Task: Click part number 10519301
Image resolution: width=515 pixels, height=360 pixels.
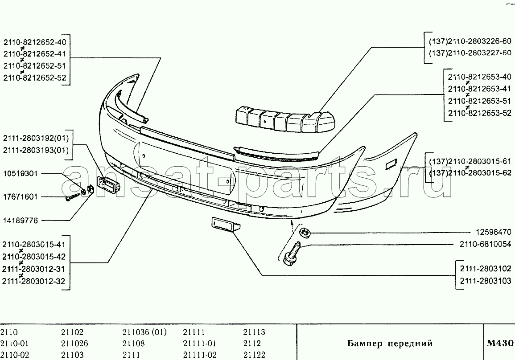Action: (21, 173)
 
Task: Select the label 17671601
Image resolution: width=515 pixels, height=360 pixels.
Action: (21, 197)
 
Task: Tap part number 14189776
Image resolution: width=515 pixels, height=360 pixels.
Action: (21, 221)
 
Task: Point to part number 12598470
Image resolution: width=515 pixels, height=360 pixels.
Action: (494, 232)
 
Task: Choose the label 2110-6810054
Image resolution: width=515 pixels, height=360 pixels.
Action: (486, 244)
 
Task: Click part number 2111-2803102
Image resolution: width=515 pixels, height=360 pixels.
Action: (486, 269)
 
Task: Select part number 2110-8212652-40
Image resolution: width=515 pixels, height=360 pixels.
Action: (35, 42)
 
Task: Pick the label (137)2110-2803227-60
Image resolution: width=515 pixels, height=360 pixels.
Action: (470, 53)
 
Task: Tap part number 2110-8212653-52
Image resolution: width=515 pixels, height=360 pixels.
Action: (480, 113)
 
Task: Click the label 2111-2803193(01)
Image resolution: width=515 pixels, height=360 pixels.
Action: (36, 150)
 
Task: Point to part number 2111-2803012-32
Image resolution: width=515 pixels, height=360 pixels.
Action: (34, 281)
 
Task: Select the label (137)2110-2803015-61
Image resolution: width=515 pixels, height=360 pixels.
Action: (470, 161)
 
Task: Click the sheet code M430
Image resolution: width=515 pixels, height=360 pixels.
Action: (500, 343)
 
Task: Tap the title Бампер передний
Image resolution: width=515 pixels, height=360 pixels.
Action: (390, 344)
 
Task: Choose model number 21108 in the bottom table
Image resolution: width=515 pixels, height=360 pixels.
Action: (133, 344)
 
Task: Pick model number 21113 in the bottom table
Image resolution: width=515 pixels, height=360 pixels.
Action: (254, 332)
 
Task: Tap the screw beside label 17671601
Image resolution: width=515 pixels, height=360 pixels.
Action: (73, 197)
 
